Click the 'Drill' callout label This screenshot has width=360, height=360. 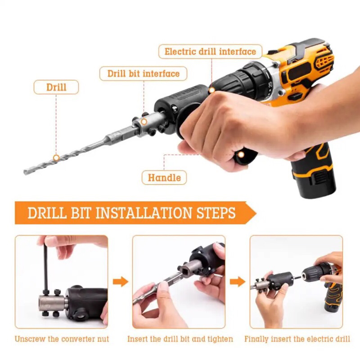[x=56, y=87]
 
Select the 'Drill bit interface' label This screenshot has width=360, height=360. [x=144, y=74]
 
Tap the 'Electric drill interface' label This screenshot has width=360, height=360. [x=210, y=51]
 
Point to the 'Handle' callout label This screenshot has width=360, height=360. [x=164, y=178]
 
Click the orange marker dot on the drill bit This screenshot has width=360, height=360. [x=56, y=158]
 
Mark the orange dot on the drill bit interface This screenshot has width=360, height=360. [x=144, y=121]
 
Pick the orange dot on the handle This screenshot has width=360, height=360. [x=241, y=155]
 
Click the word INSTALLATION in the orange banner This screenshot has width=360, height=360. [x=144, y=213]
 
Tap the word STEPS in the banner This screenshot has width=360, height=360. [x=216, y=213]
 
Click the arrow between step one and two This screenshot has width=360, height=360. [x=121, y=282]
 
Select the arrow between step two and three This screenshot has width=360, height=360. [x=238, y=282]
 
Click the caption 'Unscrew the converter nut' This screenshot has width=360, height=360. [x=62, y=339]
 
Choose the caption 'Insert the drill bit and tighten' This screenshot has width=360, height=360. [x=180, y=339]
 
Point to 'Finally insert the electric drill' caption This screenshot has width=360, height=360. [x=297, y=339]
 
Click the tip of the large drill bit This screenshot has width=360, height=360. [x=24, y=172]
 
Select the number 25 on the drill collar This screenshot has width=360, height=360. [x=270, y=85]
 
